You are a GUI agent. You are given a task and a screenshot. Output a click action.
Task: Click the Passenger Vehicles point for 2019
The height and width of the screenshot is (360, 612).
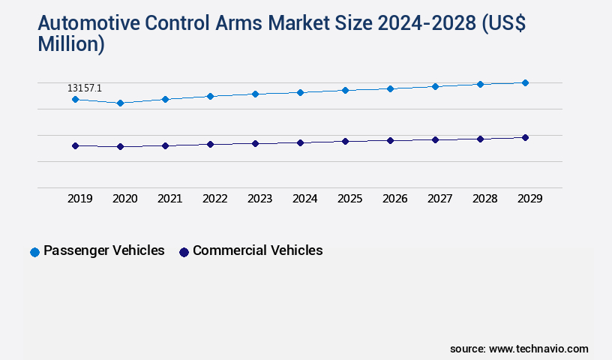click(x=75, y=99)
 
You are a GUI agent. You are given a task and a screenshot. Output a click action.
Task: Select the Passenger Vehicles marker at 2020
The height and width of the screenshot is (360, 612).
click(x=120, y=103)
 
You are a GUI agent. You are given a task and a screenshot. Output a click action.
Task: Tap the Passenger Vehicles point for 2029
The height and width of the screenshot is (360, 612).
click(x=525, y=82)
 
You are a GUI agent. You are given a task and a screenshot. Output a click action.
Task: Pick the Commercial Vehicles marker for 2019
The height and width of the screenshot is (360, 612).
click(x=75, y=145)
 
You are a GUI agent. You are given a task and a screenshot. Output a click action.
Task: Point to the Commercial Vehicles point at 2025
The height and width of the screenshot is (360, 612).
click(x=345, y=141)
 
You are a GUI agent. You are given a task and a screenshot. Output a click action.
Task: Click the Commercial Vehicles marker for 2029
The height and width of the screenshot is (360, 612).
click(x=525, y=137)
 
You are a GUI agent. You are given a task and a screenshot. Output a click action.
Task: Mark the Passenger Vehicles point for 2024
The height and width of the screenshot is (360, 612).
click(x=300, y=92)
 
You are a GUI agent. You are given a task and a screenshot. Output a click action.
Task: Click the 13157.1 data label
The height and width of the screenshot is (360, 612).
click(x=85, y=88)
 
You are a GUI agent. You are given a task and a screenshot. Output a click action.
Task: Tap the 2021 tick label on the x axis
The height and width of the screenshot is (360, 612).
click(x=169, y=199)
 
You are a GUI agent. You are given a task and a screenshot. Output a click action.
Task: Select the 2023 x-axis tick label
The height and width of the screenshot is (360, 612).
click(x=259, y=199)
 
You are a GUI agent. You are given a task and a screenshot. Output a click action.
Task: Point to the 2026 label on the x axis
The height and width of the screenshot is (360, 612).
click(x=394, y=199)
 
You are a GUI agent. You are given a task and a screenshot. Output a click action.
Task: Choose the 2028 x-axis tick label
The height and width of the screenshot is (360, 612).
click(x=484, y=199)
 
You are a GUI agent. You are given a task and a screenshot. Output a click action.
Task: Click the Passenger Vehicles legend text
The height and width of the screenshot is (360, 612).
click(x=104, y=250)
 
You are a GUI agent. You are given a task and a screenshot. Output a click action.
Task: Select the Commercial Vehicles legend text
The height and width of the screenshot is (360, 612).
click(x=258, y=250)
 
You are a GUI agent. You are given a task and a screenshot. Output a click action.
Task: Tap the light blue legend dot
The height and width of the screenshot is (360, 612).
click(x=34, y=252)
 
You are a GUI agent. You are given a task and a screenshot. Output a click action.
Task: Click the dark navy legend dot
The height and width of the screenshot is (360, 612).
click(x=184, y=252)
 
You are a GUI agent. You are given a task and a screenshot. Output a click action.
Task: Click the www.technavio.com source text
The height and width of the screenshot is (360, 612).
click(x=538, y=349)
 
